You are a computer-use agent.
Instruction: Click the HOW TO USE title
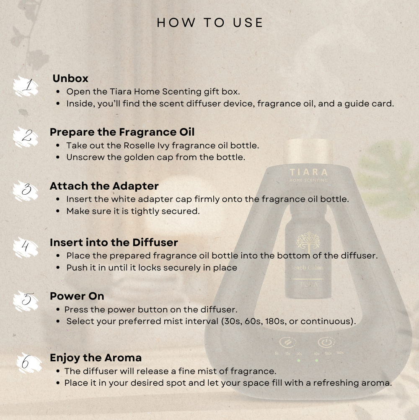pos(209,23)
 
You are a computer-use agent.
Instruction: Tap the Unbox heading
pos(70,78)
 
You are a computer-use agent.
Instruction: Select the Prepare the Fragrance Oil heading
pos(122,132)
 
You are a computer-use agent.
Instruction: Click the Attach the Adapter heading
pos(104,186)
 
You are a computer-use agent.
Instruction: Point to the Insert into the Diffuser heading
pos(114,242)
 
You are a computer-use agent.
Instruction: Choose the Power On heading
pos(77,296)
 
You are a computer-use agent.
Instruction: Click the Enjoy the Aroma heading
pos(96,358)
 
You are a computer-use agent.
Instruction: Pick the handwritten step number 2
pos(27,136)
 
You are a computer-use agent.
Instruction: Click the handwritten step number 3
pos(26,190)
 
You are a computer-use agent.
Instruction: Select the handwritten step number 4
pos(26,246)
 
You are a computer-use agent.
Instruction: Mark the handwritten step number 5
pos(27,299)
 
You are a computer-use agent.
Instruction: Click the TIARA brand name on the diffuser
pos(309,172)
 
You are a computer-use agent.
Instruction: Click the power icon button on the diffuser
pos(326,342)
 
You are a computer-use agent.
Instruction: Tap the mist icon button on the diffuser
pos(288,342)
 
